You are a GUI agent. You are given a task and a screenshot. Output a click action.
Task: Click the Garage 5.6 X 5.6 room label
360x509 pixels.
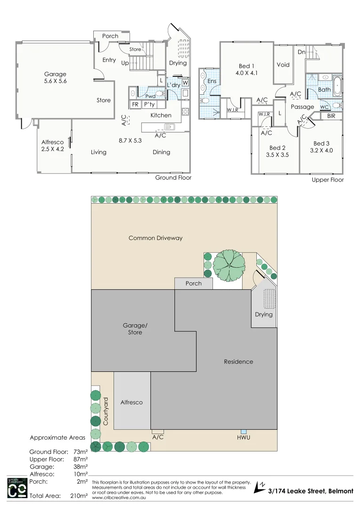click(55, 78)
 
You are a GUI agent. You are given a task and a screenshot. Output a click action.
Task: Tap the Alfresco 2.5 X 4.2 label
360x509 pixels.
click(52, 146)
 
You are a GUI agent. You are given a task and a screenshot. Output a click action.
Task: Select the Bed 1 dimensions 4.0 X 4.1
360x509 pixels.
click(246, 73)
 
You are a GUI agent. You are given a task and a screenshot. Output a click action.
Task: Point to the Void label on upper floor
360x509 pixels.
click(283, 65)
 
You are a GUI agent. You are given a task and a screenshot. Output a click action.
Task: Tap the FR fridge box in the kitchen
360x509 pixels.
click(135, 105)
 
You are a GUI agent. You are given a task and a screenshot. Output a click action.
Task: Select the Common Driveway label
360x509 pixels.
click(155, 238)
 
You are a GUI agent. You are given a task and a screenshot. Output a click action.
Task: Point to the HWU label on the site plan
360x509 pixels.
click(244, 438)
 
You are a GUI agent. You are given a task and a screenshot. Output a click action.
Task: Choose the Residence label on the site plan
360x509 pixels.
click(238, 361)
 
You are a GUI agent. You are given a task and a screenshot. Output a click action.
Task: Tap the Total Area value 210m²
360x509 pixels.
click(81, 496)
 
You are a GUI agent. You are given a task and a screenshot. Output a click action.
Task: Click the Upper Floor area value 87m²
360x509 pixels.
click(81, 459)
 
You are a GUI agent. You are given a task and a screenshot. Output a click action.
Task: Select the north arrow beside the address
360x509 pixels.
click(260, 487)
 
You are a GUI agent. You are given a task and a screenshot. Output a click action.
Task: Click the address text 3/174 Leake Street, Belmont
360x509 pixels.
click(311, 491)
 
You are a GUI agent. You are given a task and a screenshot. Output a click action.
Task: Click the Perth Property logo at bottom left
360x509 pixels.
click(16, 488)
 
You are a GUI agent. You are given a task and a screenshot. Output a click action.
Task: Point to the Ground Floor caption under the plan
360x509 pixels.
click(173, 178)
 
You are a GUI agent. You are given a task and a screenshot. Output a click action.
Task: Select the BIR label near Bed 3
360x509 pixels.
click(331, 115)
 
